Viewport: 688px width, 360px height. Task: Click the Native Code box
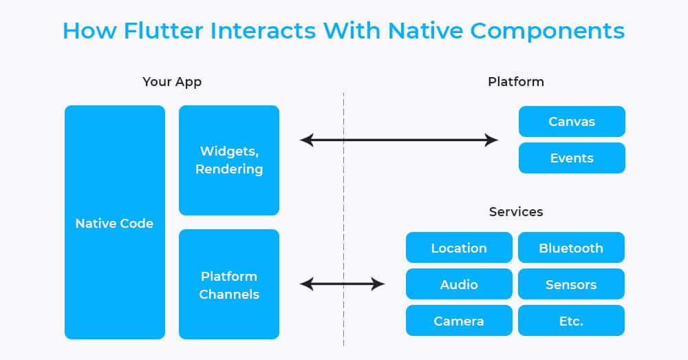point(115,222)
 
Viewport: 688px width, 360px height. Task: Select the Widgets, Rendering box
point(229,160)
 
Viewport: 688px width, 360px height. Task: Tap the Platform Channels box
point(229,284)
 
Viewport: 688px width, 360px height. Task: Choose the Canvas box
point(572,122)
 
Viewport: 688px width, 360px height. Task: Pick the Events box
point(572,158)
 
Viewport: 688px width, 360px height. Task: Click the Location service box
point(459,248)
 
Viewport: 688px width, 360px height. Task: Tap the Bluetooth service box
point(571,248)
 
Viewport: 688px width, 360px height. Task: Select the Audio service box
point(459,284)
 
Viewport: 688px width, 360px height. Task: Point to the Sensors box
point(571,284)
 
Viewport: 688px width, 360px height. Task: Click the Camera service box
point(459,321)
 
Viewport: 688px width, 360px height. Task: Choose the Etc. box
point(571,321)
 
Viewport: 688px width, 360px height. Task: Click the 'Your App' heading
point(172,82)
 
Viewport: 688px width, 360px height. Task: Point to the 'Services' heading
point(516,211)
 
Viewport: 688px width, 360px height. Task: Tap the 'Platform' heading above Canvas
point(516,82)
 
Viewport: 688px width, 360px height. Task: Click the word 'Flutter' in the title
point(164,31)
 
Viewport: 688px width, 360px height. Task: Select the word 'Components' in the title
point(547,32)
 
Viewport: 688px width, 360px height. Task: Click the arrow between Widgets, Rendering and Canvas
point(399,140)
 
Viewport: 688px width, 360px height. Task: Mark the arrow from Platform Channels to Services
point(342,284)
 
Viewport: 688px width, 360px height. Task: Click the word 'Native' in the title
point(424,31)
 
